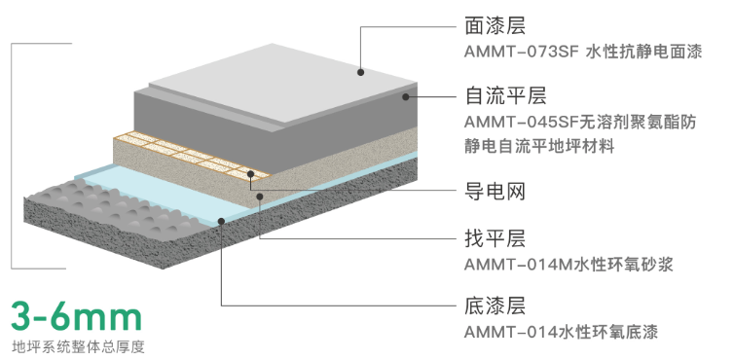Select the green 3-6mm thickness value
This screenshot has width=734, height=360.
pos(76,314)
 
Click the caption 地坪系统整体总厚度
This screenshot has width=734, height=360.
pos(78,345)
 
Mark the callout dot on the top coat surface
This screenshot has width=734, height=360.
pos(359,71)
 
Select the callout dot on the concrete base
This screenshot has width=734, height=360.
pos(223,222)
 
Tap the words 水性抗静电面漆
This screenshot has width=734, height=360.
pos(643,53)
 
